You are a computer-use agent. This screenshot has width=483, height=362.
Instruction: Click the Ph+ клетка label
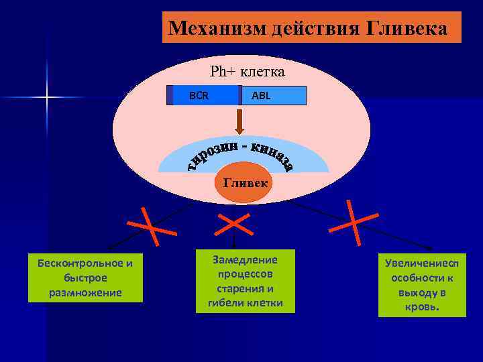247,71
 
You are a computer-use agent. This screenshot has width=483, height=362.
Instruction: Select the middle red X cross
234,223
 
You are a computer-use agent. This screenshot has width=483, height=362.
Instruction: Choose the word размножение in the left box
85,292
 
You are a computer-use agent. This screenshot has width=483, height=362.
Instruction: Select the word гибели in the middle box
217,304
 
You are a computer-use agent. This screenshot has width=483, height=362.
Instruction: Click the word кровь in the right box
421,307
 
